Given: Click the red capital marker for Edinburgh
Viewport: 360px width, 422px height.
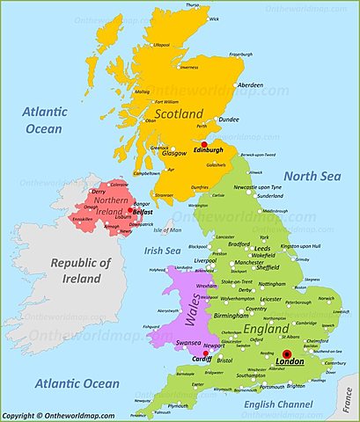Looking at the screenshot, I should click(204, 145).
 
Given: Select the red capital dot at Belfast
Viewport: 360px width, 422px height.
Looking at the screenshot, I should click(129, 210).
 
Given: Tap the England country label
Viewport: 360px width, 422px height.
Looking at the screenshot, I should click(267, 328).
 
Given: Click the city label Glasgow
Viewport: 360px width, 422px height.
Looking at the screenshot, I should click(174, 153).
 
